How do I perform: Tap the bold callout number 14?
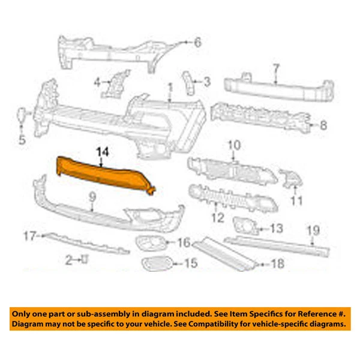(x=103, y=152)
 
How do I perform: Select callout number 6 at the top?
(x=197, y=42)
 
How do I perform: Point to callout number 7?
(x=277, y=69)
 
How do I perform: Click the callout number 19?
(x=313, y=230)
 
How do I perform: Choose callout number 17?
(x=30, y=236)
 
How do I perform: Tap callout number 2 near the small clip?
(x=69, y=260)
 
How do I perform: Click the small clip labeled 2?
(x=85, y=259)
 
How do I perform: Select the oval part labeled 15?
(x=157, y=263)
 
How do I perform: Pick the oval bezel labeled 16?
(x=151, y=243)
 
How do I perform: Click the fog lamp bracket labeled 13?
(x=245, y=226)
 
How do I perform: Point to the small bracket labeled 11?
(x=291, y=178)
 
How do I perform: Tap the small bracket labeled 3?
(x=189, y=83)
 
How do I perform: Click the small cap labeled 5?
(x=22, y=115)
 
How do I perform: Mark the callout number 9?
(x=92, y=197)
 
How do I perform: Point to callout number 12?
(x=218, y=218)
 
